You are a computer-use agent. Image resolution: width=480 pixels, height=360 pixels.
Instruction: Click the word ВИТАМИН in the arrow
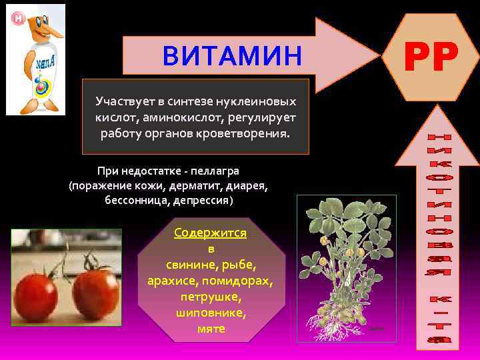232,56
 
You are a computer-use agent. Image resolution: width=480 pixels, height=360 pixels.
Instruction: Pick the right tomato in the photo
95,292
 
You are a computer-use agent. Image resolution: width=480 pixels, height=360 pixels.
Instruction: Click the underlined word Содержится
210,233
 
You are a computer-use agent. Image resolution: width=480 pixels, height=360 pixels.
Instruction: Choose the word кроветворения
247,133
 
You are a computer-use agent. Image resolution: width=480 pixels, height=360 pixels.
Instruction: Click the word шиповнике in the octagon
211,313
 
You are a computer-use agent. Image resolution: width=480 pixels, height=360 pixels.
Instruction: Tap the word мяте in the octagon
211,329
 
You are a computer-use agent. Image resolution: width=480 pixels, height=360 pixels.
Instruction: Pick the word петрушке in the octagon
211,297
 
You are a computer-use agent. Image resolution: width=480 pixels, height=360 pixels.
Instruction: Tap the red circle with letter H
18,19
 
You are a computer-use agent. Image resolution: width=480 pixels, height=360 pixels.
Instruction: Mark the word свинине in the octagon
180,265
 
